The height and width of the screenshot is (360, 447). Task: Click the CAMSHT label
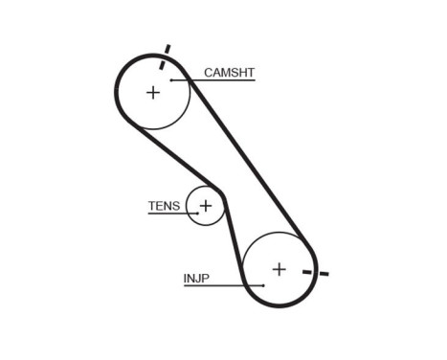point(229,72)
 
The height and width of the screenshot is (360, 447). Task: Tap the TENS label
point(164,206)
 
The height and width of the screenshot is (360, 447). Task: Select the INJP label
point(196,279)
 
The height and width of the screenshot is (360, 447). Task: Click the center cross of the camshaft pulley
point(153,92)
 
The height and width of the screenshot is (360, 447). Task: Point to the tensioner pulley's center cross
point(205,205)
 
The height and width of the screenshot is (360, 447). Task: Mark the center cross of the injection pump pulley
point(279,269)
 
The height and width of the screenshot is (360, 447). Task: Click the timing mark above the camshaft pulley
point(166,51)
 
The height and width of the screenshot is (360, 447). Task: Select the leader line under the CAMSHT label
point(215,80)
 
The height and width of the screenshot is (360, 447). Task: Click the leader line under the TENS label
point(172,214)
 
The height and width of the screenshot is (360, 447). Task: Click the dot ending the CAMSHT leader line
point(172,80)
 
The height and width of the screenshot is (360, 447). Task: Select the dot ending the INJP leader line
point(263,285)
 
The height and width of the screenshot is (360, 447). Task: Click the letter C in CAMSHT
point(208,72)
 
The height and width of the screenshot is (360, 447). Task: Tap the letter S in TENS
point(176,206)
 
